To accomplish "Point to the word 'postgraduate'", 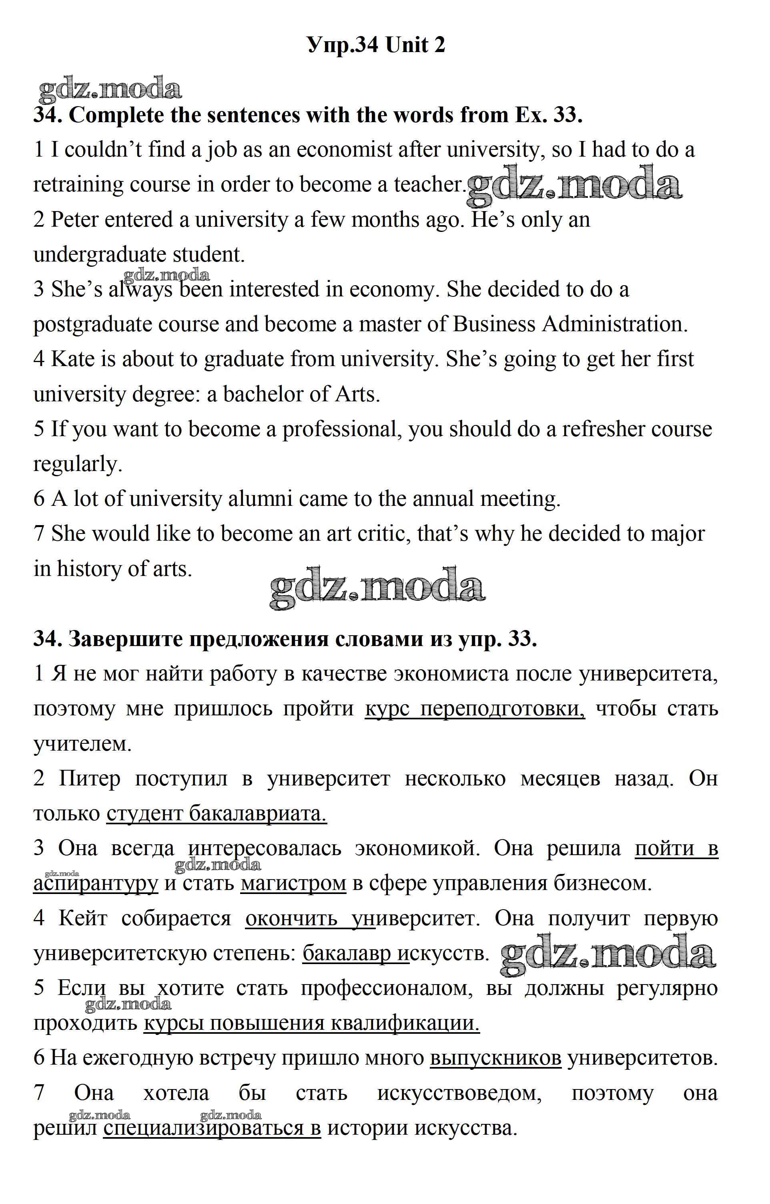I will pos(92,325).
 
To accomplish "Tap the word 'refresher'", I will pos(604,430).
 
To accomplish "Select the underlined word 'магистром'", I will pos(293,883).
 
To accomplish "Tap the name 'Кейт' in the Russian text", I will pos(82,918).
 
